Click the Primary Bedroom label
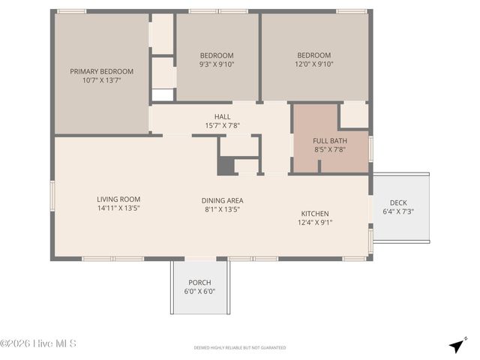click(101, 72)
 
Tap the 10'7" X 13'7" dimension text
click(101, 81)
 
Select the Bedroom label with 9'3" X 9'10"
click(217, 55)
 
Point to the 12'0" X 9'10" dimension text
click(313, 64)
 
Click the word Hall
click(223, 117)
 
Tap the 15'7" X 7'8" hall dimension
click(223, 126)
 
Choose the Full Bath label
click(330, 140)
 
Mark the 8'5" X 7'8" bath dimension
click(330, 149)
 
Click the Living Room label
click(118, 199)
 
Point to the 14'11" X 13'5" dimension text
click(118, 208)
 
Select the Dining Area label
click(222, 200)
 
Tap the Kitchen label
click(316, 213)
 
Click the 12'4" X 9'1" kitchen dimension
click(316, 222)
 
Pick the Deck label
click(398, 202)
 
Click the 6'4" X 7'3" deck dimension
click(398, 211)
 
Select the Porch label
click(199, 283)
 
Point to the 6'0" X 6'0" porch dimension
click(199, 292)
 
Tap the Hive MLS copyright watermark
click(38, 344)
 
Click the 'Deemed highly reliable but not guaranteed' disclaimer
click(240, 348)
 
